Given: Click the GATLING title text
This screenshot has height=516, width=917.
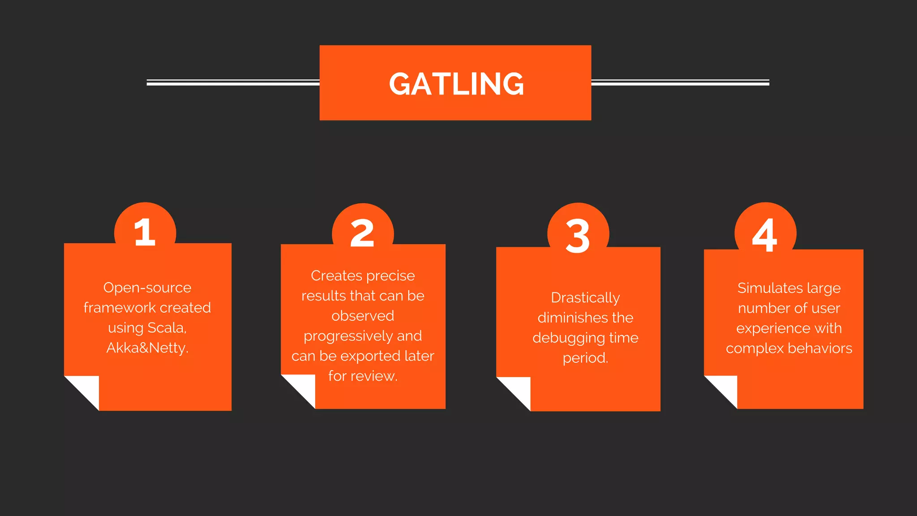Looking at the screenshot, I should pos(456,84).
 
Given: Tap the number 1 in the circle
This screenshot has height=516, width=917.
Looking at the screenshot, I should pos(145,232).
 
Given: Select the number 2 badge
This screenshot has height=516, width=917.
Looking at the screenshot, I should pos(362,233).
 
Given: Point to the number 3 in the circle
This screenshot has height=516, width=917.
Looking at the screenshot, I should pos(578,236).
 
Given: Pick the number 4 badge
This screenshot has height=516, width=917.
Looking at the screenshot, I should pos(765,235).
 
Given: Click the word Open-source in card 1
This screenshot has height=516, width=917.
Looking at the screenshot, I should pos(147,288).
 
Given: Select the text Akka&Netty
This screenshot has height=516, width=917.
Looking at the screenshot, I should pos(147,348).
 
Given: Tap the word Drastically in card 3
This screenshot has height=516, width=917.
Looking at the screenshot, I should pos(585,298).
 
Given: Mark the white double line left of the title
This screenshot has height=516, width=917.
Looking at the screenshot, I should pos(233,82).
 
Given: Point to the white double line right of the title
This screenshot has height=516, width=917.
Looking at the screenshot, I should pos(680,82).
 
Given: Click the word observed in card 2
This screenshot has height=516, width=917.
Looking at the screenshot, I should pos(363,316).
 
